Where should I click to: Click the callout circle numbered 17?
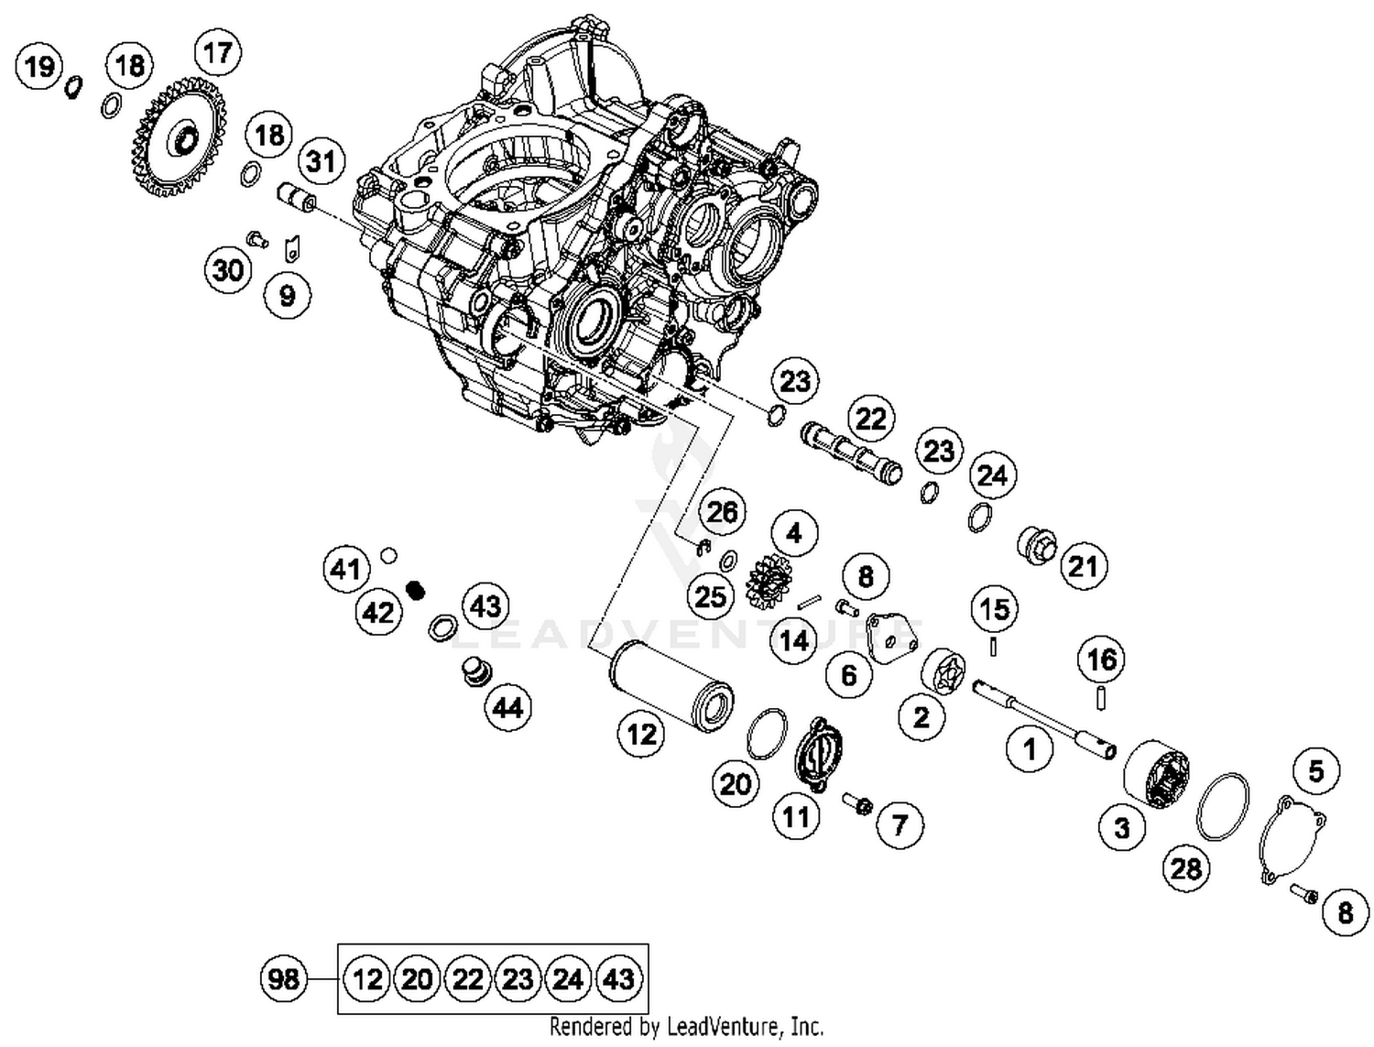click(217, 52)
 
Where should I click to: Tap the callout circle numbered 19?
click(39, 66)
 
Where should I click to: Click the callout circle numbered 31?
click(322, 161)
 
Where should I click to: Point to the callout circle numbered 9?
click(288, 295)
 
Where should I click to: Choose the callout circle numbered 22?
click(870, 419)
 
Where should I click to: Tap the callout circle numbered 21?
click(1084, 566)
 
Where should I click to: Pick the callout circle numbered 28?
click(1186, 867)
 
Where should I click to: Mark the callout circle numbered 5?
click(1316, 770)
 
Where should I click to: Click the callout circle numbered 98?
click(283, 978)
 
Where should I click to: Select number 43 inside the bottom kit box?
click(618, 978)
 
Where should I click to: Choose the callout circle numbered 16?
click(1101, 659)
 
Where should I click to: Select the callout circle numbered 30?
click(229, 269)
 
